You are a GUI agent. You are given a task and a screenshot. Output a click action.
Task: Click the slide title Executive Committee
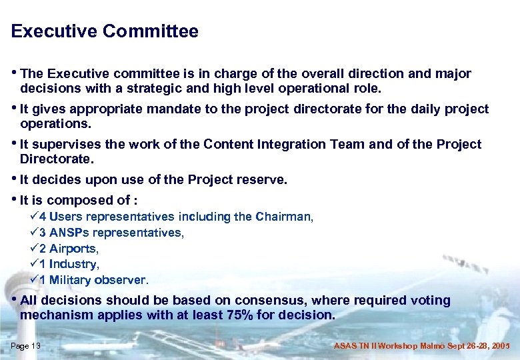[x=105, y=31]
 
